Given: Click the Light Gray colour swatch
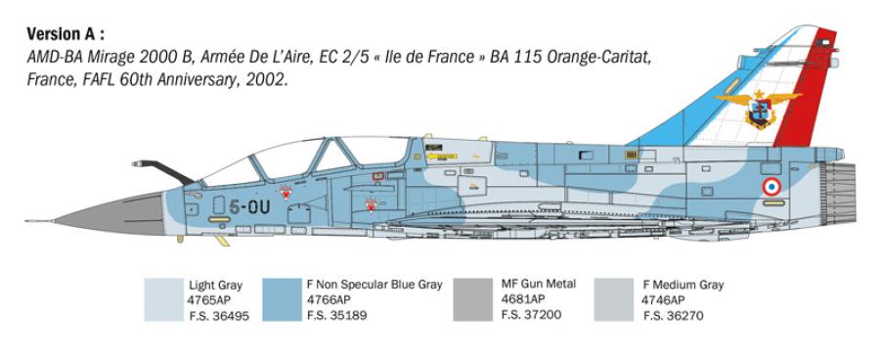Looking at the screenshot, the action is [x=162, y=299].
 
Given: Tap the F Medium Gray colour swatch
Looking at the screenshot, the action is [x=612, y=299].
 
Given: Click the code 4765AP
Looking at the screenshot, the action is [x=211, y=300].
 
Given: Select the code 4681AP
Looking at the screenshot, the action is [x=524, y=300].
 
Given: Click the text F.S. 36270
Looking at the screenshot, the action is [x=673, y=315].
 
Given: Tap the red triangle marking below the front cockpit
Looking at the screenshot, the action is [x=286, y=193].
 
